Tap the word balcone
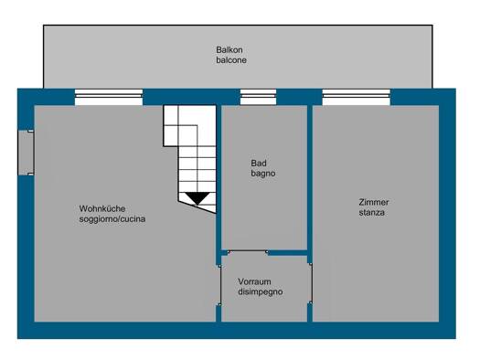pyautogui.click(x=231, y=60)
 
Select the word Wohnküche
pyautogui.click(x=102, y=208)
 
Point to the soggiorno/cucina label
pyautogui.click(x=112, y=219)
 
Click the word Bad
pyautogui.click(x=258, y=164)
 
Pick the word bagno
pyautogui.click(x=263, y=174)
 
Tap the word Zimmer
pyautogui.click(x=374, y=202)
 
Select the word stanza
pyautogui.click(x=371, y=213)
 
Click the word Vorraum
pyautogui.click(x=255, y=281)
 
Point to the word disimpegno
pyautogui.click(x=261, y=292)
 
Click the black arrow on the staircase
pyautogui.click(x=197, y=197)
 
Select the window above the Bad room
pyautogui.click(x=258, y=96)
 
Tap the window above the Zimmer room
pyautogui.click(x=356, y=96)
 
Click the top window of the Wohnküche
pyautogui.click(x=109, y=96)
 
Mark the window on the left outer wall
pyautogui.click(x=25, y=152)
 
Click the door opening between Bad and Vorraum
pyautogui.click(x=265, y=251)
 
